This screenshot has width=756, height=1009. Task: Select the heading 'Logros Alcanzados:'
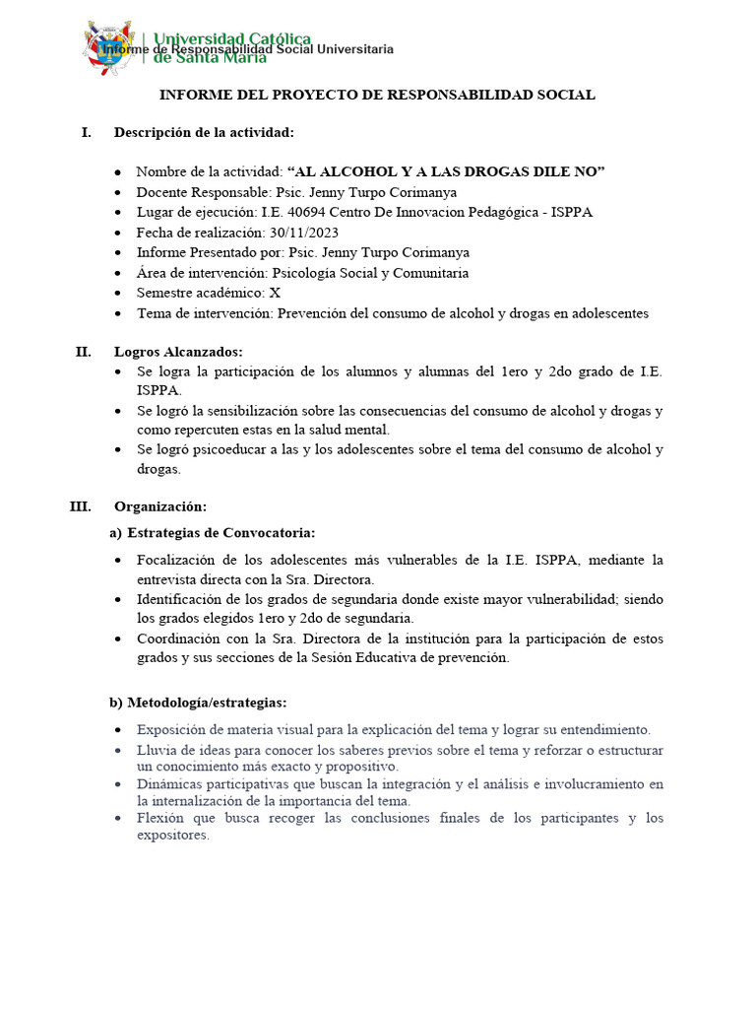click(178, 351)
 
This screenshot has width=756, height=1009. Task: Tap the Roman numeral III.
click(80, 506)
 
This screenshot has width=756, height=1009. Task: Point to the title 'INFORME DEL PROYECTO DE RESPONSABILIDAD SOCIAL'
click(378, 95)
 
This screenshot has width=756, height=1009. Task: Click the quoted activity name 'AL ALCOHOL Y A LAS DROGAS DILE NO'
click(445, 171)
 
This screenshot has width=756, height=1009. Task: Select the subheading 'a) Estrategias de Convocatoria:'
click(212, 533)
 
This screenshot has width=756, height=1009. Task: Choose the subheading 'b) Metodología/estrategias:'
click(197, 703)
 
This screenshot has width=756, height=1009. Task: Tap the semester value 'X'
click(275, 293)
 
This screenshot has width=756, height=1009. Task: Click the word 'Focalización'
click(178, 560)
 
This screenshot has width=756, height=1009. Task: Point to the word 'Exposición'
click(172, 730)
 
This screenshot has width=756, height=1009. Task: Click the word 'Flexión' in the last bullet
click(160, 818)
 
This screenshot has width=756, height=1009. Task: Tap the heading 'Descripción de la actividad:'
click(204, 132)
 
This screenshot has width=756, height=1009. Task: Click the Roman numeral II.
click(83, 351)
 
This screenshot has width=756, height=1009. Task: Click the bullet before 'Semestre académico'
click(118, 294)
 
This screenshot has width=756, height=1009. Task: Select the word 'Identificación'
click(184, 599)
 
